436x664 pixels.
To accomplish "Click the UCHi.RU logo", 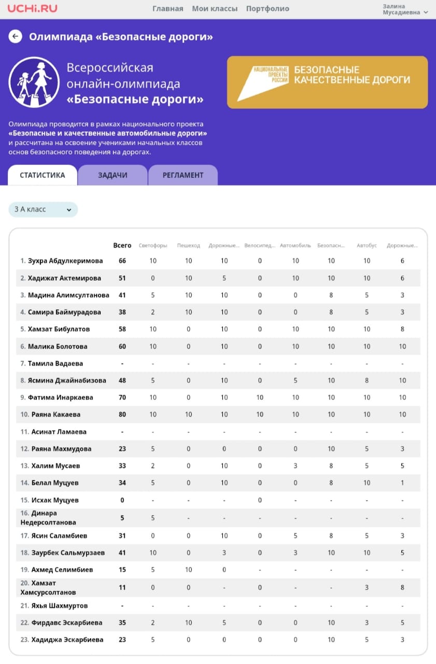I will (32, 8).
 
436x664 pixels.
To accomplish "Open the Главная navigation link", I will (167, 9).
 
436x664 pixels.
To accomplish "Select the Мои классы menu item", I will (215, 9).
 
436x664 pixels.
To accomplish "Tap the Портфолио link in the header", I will (268, 9).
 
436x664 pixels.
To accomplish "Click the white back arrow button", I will (16, 36).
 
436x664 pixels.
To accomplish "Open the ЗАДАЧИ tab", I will (112, 175).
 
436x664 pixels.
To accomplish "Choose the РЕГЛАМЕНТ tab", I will (183, 175).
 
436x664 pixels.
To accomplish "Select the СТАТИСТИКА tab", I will (43, 175).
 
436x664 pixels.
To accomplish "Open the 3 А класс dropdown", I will (43, 210).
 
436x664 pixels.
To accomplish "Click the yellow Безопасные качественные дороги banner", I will (327, 82).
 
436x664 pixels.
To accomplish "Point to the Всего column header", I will (122, 245).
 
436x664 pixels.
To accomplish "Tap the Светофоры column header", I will (153, 246).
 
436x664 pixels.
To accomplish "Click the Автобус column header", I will (367, 246).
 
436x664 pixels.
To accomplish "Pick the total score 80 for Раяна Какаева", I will (122, 414).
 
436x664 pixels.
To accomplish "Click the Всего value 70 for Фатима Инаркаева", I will (122, 397).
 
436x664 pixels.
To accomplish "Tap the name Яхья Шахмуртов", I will (59, 606).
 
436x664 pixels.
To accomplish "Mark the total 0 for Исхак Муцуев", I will (122, 500).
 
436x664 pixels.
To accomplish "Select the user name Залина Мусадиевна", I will (402, 9).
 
